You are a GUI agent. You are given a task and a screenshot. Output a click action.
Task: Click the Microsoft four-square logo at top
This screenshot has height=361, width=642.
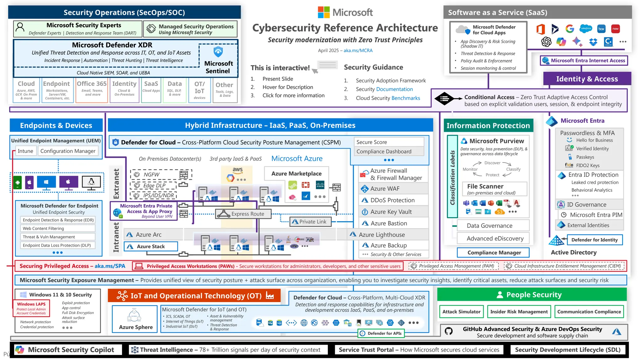pos(324,12)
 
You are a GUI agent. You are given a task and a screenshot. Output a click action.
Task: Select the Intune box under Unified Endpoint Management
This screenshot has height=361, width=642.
pos(25,151)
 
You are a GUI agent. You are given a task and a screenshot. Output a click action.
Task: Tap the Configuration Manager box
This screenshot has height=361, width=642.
pos(68,151)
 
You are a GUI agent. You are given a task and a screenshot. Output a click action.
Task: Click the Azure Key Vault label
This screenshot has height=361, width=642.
pos(391,212)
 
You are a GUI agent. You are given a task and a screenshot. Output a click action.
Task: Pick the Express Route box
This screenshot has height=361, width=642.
pos(244,214)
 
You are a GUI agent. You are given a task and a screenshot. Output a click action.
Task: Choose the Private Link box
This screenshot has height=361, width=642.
pos(309,222)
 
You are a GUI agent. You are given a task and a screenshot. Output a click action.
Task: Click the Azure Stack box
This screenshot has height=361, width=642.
pos(151,247)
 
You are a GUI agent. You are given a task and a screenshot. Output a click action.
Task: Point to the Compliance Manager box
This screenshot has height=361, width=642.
pos(494,253)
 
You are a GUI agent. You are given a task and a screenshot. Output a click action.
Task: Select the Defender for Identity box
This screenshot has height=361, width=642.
pos(594,240)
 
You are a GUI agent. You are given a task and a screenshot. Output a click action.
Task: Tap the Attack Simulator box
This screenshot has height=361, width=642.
pos(461,311)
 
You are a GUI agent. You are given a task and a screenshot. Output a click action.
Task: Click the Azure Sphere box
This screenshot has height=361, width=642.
pos(135,319)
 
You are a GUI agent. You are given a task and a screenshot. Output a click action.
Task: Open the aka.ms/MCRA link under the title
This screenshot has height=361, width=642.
pos(358,50)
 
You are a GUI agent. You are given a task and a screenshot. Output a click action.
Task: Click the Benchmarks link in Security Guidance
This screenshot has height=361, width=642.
pos(406,98)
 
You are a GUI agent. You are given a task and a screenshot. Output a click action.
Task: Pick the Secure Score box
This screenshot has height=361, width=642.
pos(389,142)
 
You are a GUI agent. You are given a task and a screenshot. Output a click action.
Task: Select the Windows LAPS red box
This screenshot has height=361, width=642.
pos(31,308)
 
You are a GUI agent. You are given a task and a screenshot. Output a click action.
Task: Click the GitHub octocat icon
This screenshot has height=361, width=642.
pos(449,331)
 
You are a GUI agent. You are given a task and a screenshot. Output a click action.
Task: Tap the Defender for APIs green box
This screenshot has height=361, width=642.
pos(381,333)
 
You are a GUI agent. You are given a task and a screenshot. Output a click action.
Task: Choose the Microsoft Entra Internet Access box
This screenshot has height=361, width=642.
pos(584,60)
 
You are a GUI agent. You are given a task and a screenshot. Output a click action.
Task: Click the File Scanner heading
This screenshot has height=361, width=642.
pos(485,186)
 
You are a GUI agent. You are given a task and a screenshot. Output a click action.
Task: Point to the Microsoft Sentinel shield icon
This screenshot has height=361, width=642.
pos(218,51)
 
